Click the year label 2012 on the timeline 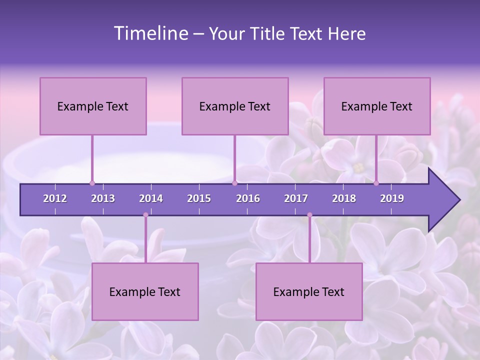[55, 198]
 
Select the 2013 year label [103, 198]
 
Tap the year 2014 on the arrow [151, 198]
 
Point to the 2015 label [199, 198]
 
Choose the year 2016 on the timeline [248, 198]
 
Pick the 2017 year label [296, 198]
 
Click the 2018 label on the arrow [344, 198]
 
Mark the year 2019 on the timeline [392, 198]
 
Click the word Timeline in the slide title [150, 33]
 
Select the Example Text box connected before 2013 [93, 106]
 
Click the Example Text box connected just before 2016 [235, 106]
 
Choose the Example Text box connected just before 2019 [377, 106]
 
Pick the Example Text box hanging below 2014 [145, 292]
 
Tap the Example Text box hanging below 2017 [309, 292]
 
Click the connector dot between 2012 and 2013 [92, 183]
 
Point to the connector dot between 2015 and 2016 [234, 183]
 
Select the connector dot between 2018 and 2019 [376, 183]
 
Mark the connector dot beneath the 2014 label [145, 215]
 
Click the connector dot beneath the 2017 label [309, 215]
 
